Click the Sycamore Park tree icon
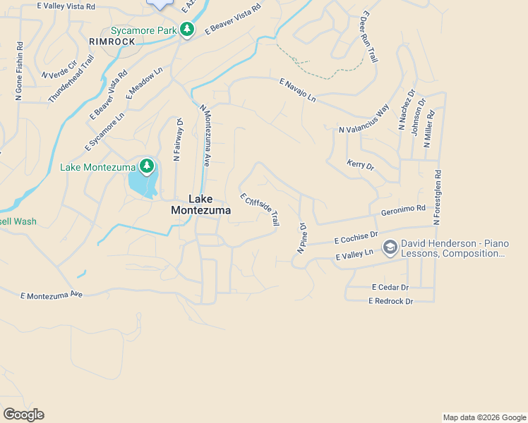pos(186,30)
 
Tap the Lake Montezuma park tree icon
pos(147,166)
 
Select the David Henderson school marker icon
pos(390,247)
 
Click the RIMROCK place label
pos(111,42)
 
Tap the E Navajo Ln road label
pos(297,90)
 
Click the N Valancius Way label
pos(364,119)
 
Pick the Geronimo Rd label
pos(403,209)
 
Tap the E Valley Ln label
pos(354,255)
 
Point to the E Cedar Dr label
pos(390,288)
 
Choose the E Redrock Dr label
pos(390,301)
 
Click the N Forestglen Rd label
pos(438,197)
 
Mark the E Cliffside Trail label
pos(259,209)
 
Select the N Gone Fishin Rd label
pos(19,71)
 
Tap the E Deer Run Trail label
pos(369,37)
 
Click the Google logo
pos(23,415)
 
